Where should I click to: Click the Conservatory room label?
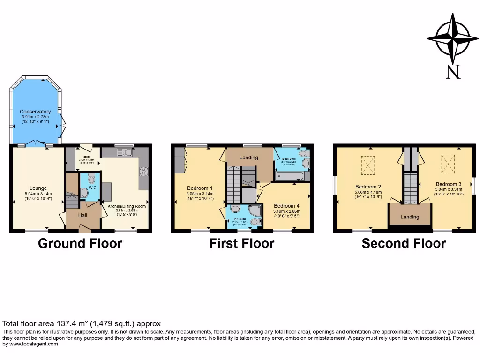pos(36,112)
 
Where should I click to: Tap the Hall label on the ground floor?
pos(82,215)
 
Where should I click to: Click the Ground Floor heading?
pos(80,244)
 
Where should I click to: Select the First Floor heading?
pos(242,244)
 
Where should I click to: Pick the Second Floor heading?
pos(404,244)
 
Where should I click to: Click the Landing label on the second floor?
pos(410,217)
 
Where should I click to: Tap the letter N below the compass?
pos(452,72)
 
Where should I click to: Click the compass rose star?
pos(452,39)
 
